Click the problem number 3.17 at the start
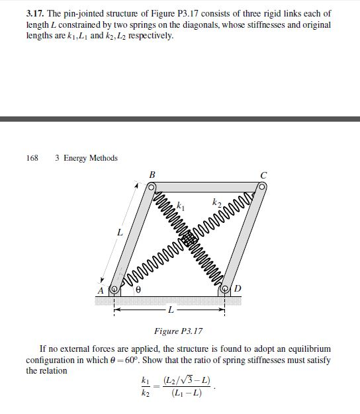point(35,13)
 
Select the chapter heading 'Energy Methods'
point(90,158)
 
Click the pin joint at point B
point(152,188)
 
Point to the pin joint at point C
point(263,188)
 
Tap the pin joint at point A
point(114,289)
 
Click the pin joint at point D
point(225,289)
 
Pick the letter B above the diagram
point(152,174)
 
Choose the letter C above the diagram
point(264,175)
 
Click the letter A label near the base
point(101,291)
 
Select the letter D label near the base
point(238,290)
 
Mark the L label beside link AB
point(119,233)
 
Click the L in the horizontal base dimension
point(171,309)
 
